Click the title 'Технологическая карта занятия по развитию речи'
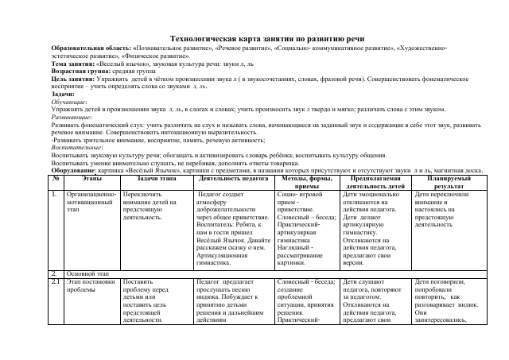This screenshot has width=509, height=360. (x=254, y=38)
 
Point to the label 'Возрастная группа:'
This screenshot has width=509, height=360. (x=80, y=70)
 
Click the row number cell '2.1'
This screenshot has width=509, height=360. (x=56, y=281)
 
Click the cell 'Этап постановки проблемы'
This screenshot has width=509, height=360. (x=91, y=285)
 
